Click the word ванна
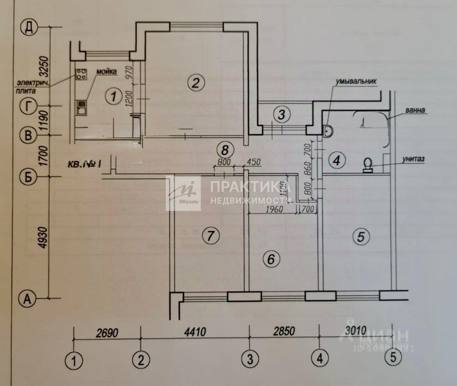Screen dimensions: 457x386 (415, 110)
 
